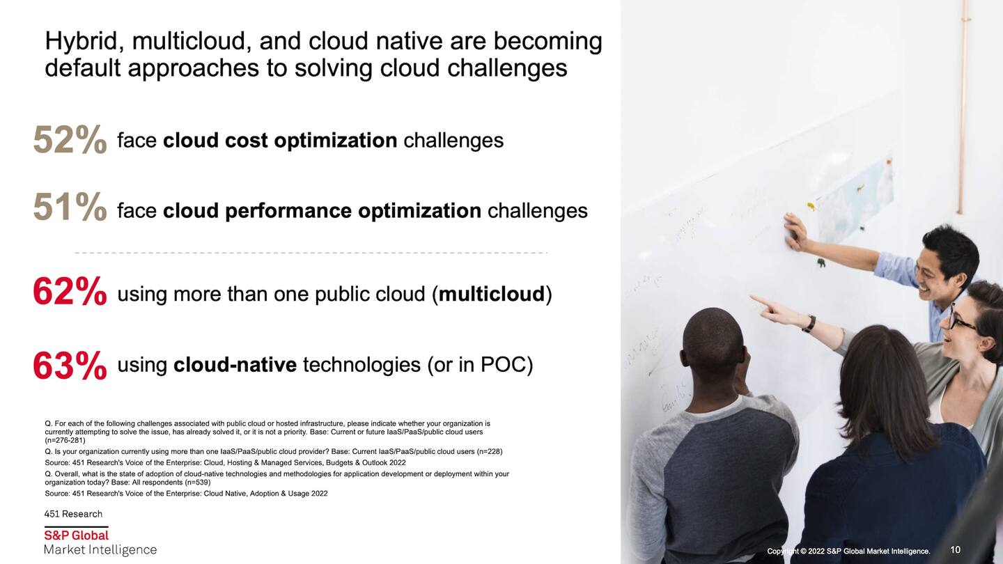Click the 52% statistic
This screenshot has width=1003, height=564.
[x=70, y=140]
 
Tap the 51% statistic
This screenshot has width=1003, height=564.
[x=70, y=206]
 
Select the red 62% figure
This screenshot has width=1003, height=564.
[x=70, y=291]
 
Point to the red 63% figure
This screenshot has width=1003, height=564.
[x=70, y=366]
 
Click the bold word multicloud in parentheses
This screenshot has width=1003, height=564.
[x=492, y=294]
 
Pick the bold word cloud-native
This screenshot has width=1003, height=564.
[x=235, y=365]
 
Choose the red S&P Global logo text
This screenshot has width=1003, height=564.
[x=77, y=535]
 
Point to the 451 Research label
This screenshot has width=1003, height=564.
[x=73, y=514]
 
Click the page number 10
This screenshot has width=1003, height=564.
[x=955, y=549]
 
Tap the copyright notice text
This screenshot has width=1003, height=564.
[x=848, y=551]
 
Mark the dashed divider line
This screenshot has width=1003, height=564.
[x=311, y=253]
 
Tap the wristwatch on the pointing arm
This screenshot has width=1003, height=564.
[x=809, y=324]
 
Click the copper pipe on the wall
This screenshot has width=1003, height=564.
[x=961, y=107]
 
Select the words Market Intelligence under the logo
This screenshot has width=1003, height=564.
[x=100, y=550]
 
